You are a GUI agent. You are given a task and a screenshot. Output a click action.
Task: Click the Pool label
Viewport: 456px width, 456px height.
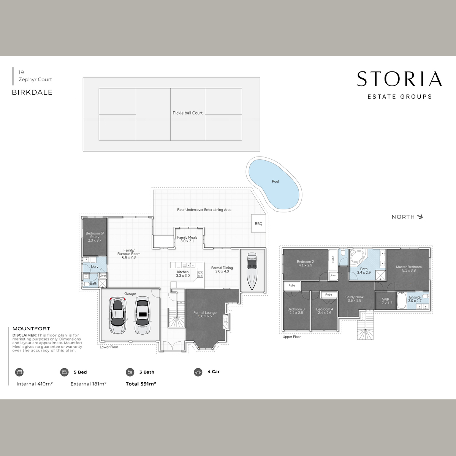point(275,182)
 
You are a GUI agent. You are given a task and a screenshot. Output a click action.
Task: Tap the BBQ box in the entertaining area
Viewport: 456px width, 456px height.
point(258,223)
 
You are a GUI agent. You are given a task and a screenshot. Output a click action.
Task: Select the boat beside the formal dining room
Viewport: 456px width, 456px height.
point(252,271)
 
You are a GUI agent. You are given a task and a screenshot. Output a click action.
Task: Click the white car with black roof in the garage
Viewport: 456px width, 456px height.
point(142,315)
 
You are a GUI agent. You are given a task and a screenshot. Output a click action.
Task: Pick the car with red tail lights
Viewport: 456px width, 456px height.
point(117,315)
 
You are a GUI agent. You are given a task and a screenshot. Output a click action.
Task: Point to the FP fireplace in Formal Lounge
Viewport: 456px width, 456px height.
point(225,321)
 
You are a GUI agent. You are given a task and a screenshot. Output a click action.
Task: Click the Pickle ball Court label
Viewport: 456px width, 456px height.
point(187,113)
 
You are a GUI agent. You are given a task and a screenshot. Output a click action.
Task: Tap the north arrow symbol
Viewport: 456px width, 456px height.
point(420,217)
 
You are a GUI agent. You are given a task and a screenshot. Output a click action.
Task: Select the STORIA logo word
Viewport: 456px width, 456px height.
point(399,79)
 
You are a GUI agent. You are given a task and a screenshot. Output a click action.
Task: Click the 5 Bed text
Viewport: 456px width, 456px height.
point(80,372)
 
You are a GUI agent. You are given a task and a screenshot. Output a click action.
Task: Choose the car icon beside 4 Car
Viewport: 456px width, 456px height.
point(198,372)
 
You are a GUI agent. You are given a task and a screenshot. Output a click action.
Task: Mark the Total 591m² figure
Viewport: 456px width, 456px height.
point(141,384)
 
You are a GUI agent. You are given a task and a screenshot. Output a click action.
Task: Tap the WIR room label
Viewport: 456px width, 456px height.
point(385,299)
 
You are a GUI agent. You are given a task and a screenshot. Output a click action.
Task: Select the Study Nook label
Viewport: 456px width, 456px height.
point(354,297)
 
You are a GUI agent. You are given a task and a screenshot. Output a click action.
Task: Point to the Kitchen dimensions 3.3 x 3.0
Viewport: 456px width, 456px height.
point(183,275)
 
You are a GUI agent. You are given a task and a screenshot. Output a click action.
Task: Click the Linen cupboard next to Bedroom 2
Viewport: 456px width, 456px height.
point(333,275)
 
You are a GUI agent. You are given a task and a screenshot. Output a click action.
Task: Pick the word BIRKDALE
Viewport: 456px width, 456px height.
point(32,92)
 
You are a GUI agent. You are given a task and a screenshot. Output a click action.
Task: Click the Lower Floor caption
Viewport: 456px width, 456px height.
point(109,347)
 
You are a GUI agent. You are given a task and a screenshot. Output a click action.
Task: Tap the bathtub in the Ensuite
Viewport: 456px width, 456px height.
point(402,301)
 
